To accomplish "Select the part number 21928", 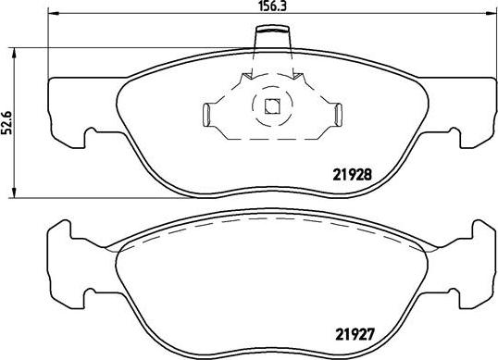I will coord(352,171).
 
